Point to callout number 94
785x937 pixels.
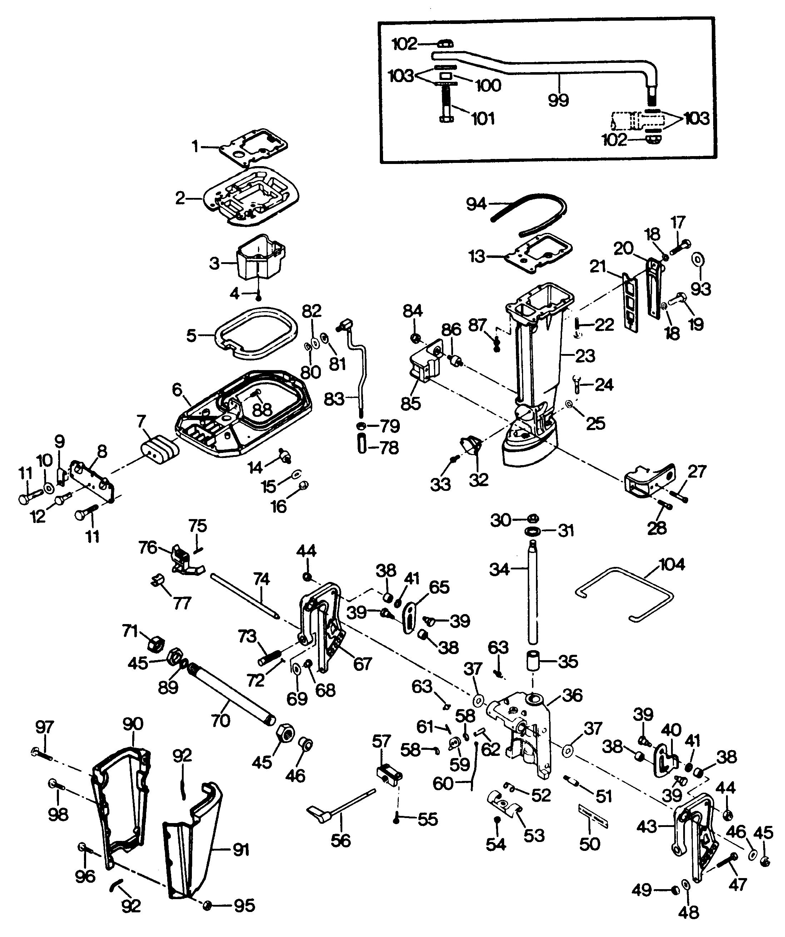(x=476, y=204)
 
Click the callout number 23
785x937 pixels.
(x=585, y=355)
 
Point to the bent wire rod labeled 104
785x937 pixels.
(x=625, y=593)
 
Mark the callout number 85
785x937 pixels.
(x=411, y=403)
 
